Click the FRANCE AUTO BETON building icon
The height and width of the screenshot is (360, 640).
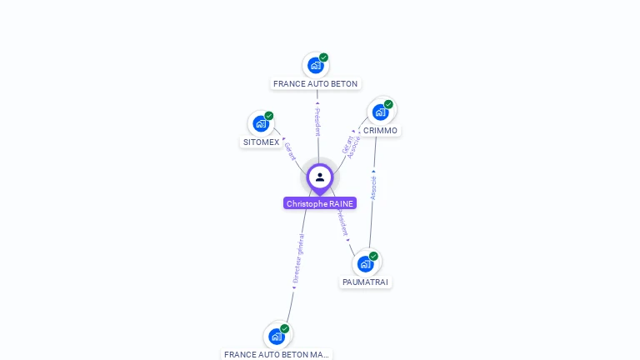(315, 65)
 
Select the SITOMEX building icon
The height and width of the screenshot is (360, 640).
(261, 124)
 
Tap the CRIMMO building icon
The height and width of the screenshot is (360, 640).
(381, 112)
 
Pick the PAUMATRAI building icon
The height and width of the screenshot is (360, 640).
(365, 264)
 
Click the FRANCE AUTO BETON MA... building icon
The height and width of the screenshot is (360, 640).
(277, 337)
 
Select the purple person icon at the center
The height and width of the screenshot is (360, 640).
(320, 177)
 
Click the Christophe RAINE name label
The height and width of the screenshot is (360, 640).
(320, 203)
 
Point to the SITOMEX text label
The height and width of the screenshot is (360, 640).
(261, 142)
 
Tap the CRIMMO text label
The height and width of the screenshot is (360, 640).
(380, 131)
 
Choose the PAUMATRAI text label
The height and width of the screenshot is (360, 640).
(365, 282)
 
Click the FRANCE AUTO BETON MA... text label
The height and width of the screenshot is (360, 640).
(277, 354)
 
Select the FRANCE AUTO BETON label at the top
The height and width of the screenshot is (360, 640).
(315, 84)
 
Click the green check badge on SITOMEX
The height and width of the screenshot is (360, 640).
(269, 116)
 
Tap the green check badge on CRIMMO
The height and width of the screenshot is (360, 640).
(388, 104)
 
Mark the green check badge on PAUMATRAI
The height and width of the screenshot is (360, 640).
(373, 256)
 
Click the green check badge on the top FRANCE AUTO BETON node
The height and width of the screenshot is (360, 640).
(323, 57)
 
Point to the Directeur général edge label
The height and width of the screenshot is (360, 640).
(298, 259)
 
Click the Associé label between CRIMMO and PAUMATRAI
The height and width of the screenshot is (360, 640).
(373, 187)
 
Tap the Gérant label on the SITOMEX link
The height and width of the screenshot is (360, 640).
(289, 151)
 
